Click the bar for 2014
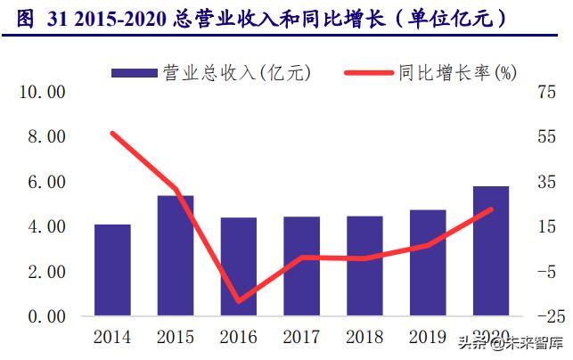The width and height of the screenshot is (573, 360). pyautogui.click(x=112, y=270)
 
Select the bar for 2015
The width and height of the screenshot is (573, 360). pyautogui.click(x=176, y=256)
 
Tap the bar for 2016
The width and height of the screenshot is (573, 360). pyautogui.click(x=239, y=266)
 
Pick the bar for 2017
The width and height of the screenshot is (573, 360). pyautogui.click(x=302, y=266)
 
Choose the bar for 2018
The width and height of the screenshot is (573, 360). pyautogui.click(x=364, y=266)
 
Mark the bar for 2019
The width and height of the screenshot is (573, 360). pyautogui.click(x=428, y=263)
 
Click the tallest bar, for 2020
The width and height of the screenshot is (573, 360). pyautogui.click(x=491, y=251)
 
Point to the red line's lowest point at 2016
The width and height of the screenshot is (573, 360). pyautogui.click(x=239, y=301)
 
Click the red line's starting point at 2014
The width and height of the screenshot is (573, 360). pyautogui.click(x=112, y=133)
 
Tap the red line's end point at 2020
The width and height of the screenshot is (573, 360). pyautogui.click(x=491, y=209)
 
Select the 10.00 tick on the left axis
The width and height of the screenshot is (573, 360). pyautogui.click(x=43, y=92)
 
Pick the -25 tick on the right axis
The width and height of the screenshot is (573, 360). pyautogui.click(x=546, y=316)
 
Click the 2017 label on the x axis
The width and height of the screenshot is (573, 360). pyautogui.click(x=302, y=338)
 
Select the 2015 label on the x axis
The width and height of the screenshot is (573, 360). pyautogui.click(x=176, y=338)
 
